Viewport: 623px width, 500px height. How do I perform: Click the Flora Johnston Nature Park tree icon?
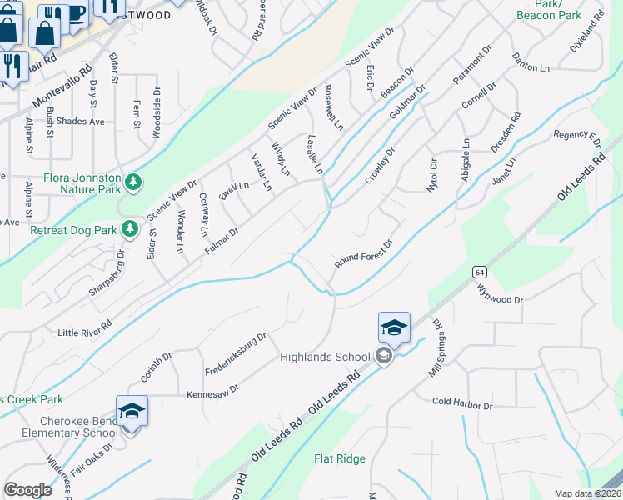[132, 182]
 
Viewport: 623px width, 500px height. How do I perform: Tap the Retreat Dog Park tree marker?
[129, 228]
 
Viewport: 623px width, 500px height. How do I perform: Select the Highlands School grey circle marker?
[383, 357]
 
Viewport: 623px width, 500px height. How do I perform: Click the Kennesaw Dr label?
[212, 389]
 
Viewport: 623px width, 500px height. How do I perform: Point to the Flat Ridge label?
[340, 458]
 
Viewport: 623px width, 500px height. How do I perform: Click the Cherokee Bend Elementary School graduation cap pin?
[132, 412]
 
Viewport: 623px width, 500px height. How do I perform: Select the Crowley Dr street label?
[378, 166]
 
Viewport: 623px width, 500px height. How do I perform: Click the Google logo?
[27, 489]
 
